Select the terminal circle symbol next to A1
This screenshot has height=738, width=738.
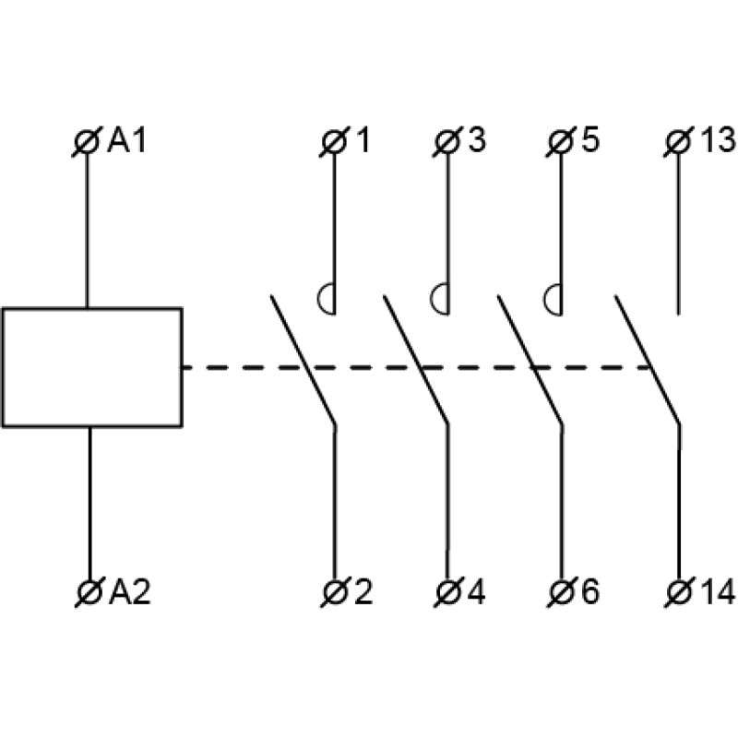(88, 142)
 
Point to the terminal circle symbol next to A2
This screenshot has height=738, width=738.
(89, 592)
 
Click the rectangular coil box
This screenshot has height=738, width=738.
(91, 367)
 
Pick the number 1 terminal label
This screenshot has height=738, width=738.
(362, 141)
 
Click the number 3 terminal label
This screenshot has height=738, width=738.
(475, 141)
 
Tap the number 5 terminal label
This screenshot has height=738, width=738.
(589, 141)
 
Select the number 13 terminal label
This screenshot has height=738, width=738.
(716, 141)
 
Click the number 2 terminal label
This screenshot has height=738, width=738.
(363, 592)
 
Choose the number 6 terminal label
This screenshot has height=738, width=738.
(589, 592)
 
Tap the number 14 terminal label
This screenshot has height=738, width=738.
(716, 592)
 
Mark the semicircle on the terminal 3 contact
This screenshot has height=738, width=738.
(440, 298)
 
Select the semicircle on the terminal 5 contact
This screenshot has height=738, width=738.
(553, 298)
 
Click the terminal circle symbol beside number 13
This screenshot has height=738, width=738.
(678, 142)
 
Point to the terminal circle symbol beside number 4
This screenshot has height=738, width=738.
(447, 592)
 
